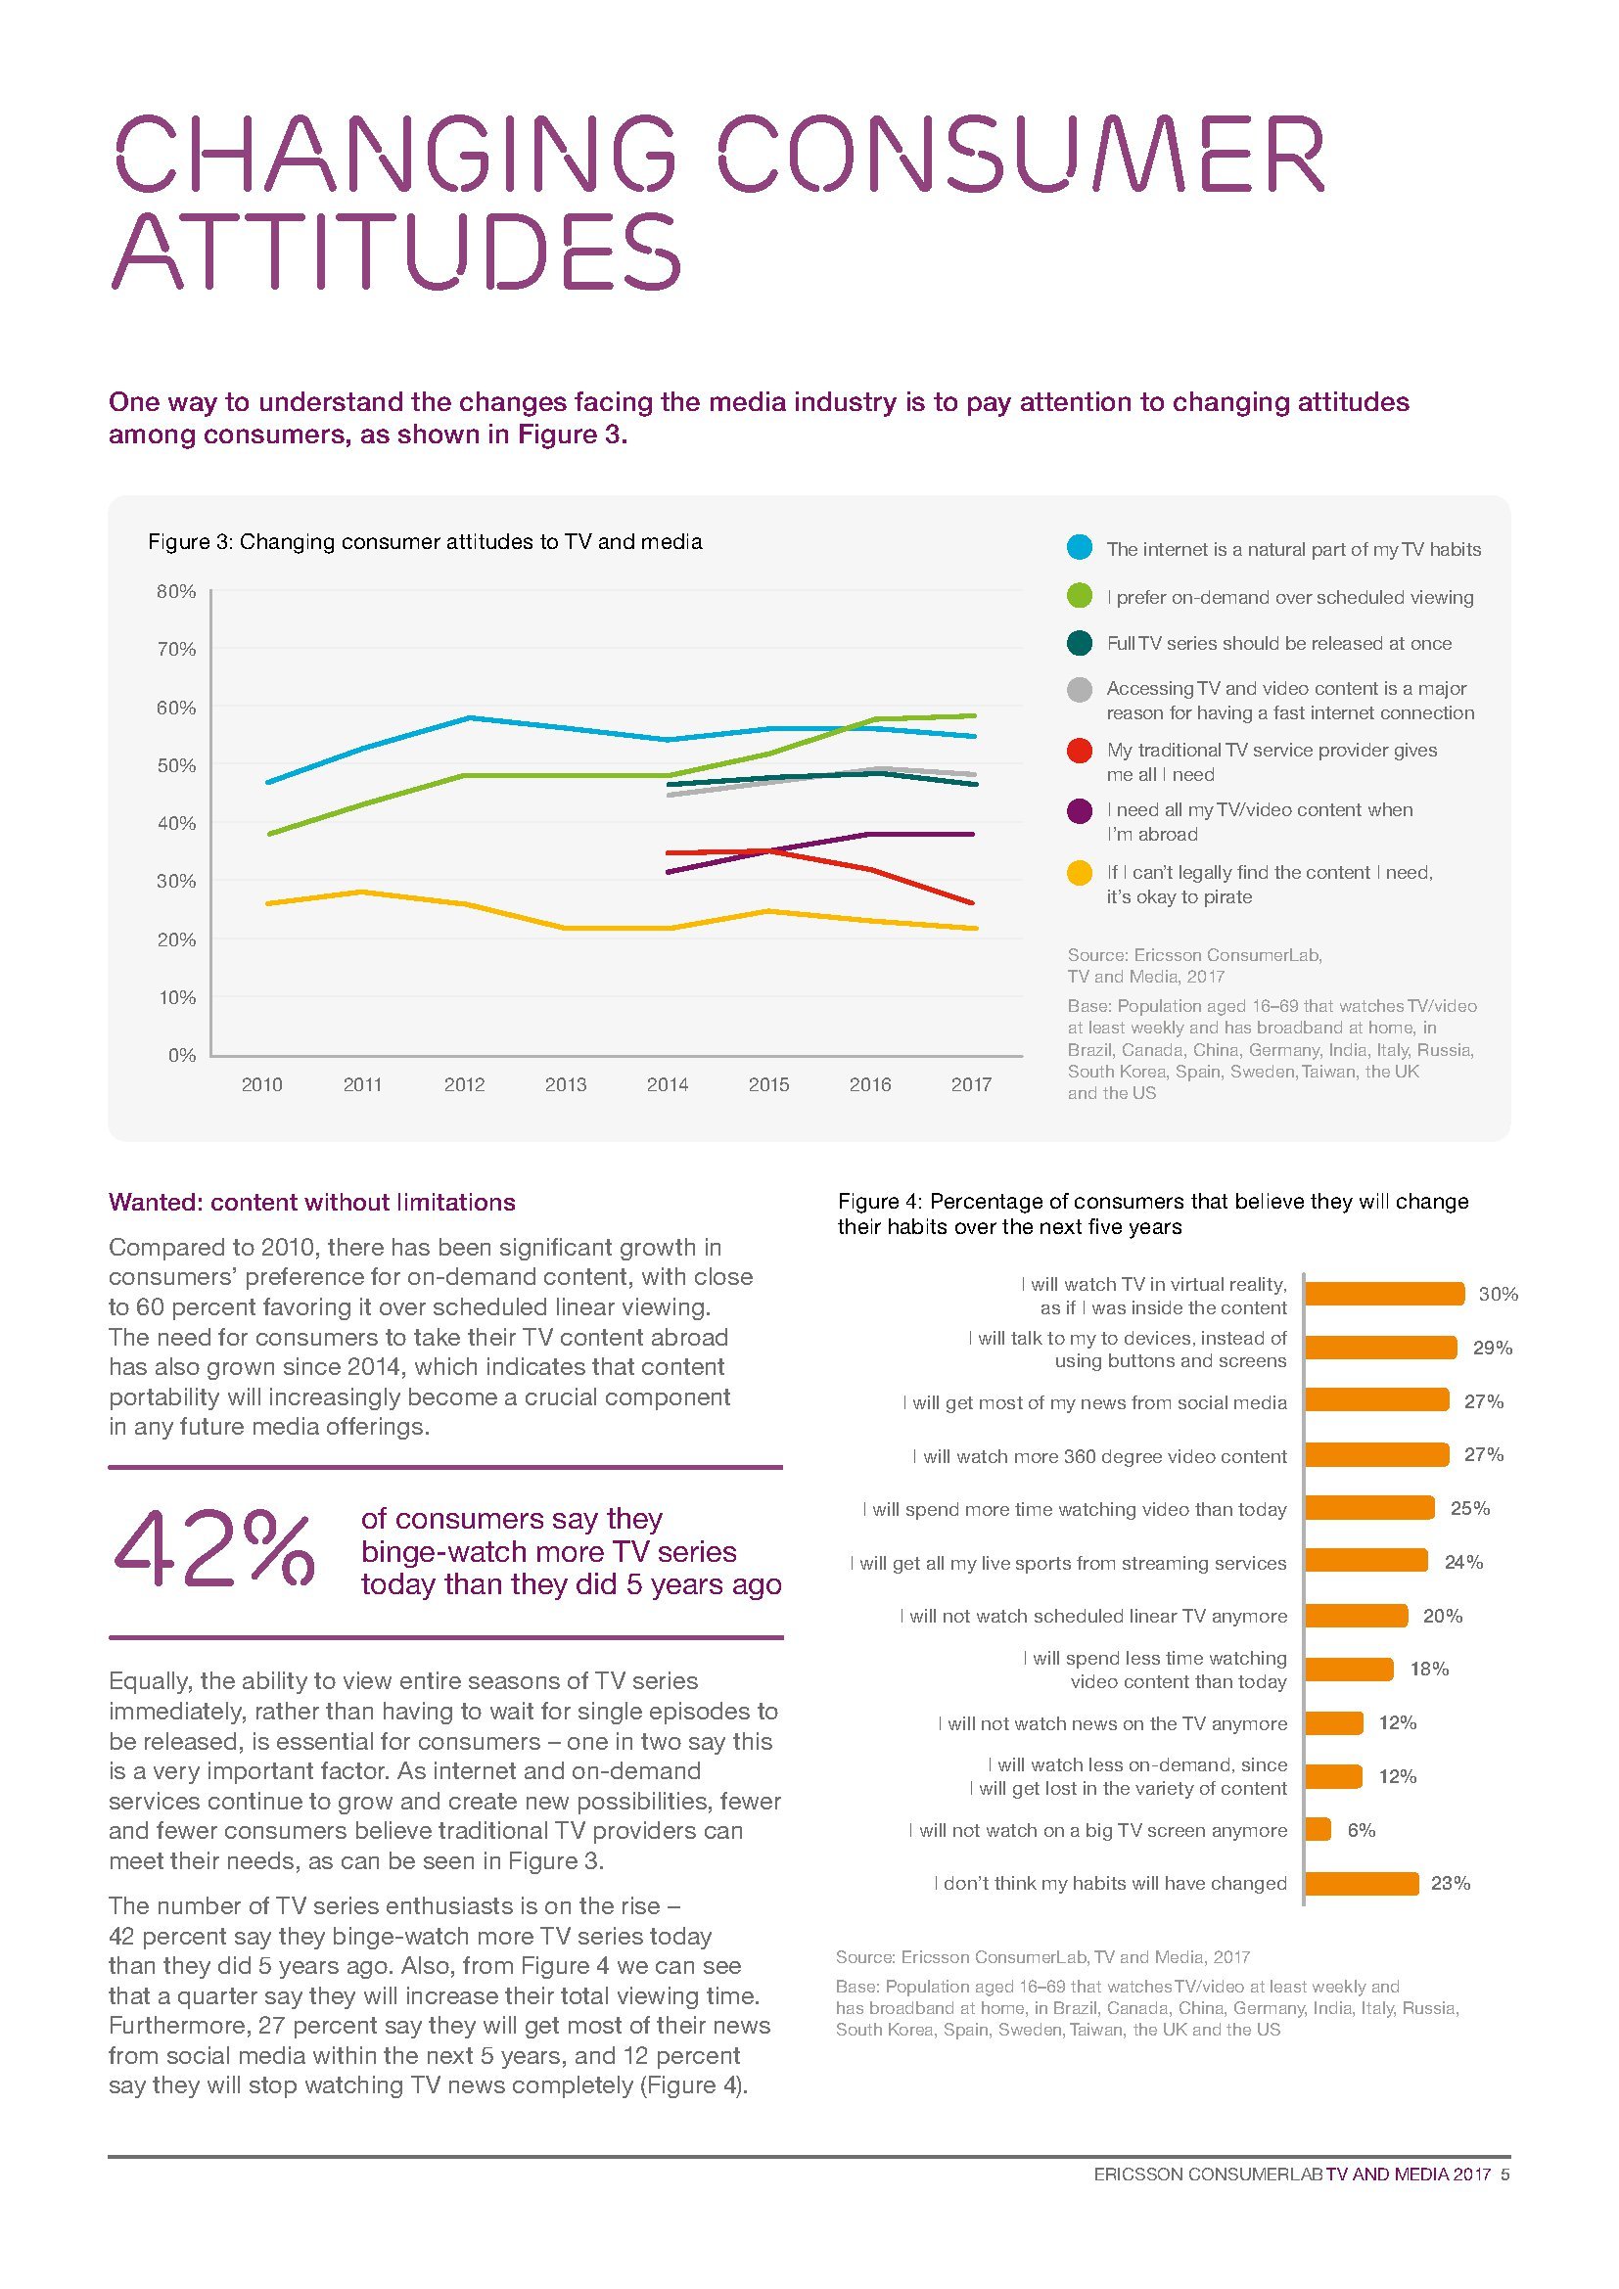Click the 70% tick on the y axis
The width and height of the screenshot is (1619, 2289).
pos(176,649)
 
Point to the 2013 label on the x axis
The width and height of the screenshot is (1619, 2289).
pos(565,1084)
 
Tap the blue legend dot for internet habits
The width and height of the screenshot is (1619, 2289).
pos(1079,547)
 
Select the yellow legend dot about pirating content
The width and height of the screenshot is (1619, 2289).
pos(1079,873)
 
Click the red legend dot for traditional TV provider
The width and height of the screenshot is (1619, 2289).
pos(1079,751)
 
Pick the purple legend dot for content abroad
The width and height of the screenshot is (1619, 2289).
pos(1079,810)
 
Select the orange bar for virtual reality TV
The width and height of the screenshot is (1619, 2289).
pos(1384,1294)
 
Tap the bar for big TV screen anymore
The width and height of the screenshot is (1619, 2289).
pos(1318,1829)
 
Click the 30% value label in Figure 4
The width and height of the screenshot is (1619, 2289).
pos(1498,1294)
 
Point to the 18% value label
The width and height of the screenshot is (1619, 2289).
pos(1428,1669)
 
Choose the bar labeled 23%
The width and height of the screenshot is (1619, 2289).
pos(1361,1883)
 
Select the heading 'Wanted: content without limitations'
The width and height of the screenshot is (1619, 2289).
pos(312,1203)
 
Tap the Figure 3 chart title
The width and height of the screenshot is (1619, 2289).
pos(425,541)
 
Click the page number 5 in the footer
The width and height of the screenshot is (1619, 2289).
pos(1504,2175)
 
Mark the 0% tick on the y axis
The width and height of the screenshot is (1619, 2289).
pos(181,1055)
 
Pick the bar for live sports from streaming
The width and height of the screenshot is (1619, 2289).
pos(1365,1561)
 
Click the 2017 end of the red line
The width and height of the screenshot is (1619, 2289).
pos(972,903)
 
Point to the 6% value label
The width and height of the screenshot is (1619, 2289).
pos(1361,1829)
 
